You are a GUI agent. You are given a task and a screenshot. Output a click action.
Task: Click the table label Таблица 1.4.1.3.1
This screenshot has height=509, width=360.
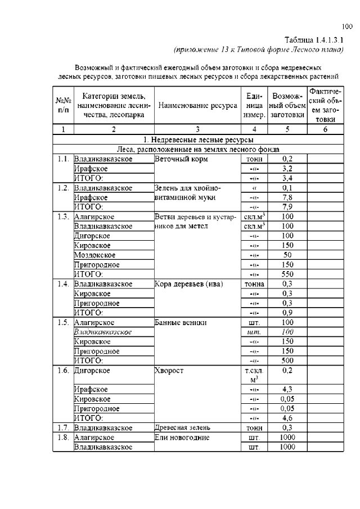point(314,39)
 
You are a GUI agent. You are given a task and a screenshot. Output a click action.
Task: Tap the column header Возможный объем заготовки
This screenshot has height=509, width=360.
point(287,106)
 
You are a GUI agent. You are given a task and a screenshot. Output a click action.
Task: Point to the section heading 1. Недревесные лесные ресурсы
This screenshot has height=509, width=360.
point(198,139)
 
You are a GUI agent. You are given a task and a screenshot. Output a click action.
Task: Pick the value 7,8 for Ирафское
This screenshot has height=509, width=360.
point(287,197)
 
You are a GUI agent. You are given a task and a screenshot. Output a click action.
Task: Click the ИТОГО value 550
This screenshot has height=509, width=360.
point(287,274)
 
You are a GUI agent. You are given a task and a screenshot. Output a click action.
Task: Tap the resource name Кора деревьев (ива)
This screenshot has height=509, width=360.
point(188,284)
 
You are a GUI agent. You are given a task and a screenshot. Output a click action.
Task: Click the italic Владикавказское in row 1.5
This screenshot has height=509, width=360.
point(103,332)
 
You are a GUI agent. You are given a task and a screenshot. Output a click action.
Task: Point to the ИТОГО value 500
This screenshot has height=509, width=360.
point(287,361)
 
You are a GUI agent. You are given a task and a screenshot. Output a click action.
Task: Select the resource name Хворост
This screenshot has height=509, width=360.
point(168,371)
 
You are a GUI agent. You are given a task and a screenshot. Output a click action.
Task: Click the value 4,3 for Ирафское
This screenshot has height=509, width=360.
point(287,389)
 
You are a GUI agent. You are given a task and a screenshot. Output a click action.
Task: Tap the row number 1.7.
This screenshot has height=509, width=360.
point(62,427)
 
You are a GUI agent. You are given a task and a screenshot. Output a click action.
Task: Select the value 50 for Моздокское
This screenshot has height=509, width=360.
point(287,255)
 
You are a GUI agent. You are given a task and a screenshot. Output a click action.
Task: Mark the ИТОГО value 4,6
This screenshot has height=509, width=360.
point(287,418)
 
